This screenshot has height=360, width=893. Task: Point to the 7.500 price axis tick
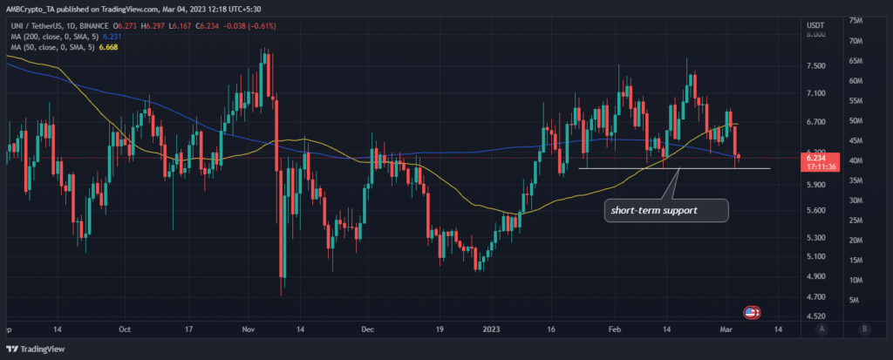[816, 65]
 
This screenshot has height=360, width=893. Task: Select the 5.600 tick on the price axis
[816, 210]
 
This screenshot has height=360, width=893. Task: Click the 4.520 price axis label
[816, 316]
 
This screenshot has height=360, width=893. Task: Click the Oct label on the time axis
[124, 330]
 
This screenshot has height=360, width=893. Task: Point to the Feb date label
[614, 330]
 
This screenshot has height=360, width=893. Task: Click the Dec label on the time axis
[366, 330]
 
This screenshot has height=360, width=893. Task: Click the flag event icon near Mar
[750, 311]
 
